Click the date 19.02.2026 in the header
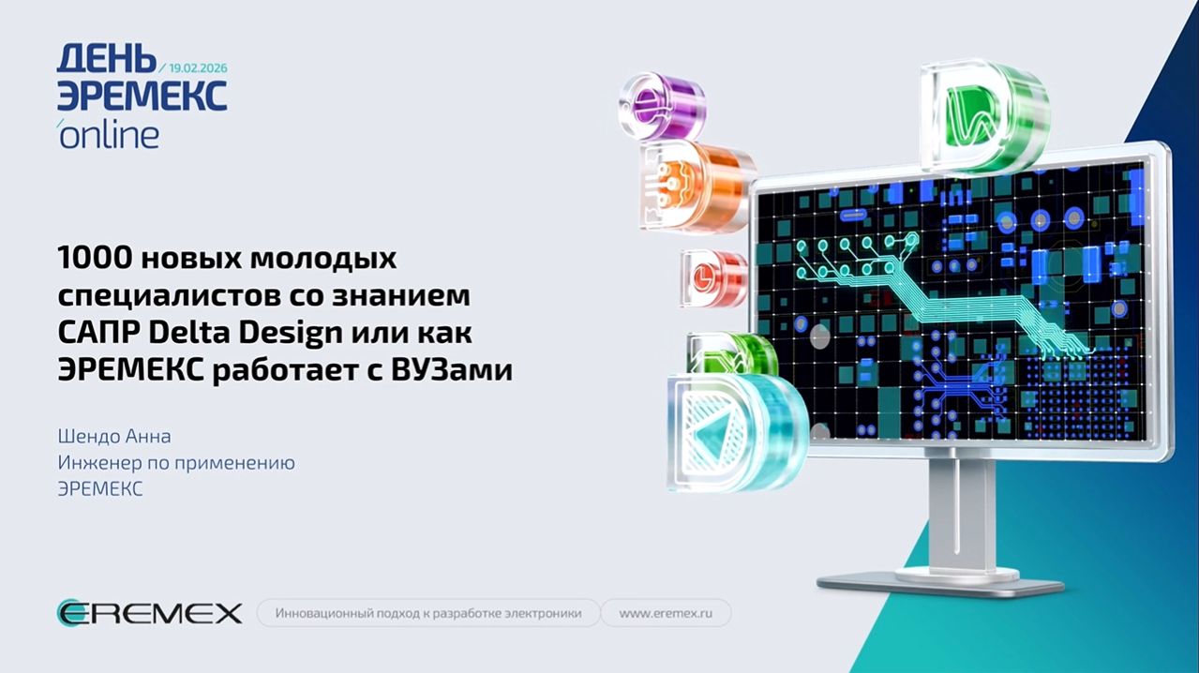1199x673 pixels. (x=198, y=68)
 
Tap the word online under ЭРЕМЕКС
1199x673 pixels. (x=109, y=135)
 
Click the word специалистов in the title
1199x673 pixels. (x=169, y=295)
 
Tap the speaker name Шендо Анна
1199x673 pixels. (x=114, y=437)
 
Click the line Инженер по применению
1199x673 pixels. (x=176, y=463)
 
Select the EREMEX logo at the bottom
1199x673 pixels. (x=149, y=614)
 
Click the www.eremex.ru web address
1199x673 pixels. (x=666, y=614)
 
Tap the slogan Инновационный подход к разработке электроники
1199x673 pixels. (x=427, y=614)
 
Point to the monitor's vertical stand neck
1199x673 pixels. (x=961, y=511)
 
